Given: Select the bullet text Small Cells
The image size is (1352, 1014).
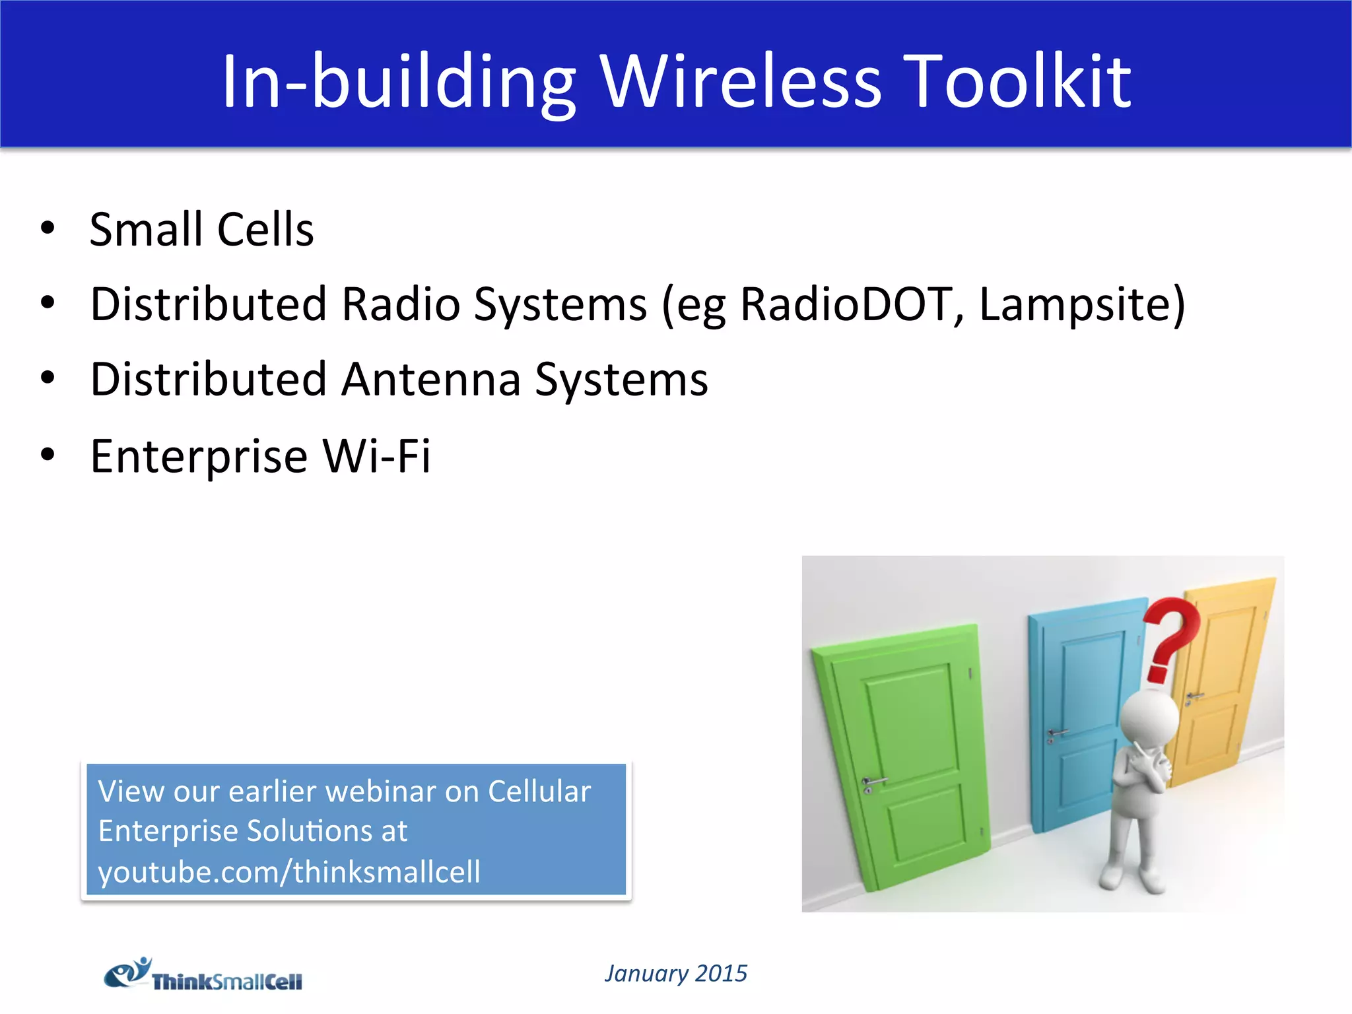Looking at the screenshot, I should [x=201, y=230].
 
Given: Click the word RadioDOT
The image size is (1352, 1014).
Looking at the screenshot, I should [x=846, y=304].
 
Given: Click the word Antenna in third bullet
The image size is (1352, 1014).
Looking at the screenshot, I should [x=431, y=380].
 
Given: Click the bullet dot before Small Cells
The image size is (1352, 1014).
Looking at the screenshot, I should [x=48, y=228].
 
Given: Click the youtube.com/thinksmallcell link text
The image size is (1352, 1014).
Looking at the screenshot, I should [x=289, y=871].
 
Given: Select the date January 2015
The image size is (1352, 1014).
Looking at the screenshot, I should [x=675, y=973].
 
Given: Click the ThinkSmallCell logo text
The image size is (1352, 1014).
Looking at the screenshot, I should [x=227, y=982].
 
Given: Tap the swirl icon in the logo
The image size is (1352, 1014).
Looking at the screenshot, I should [x=127, y=972].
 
